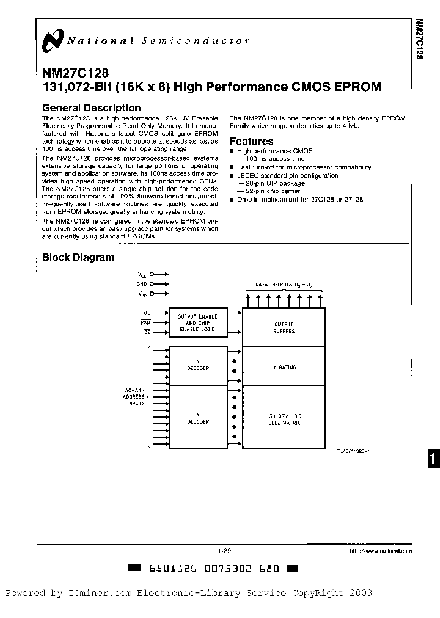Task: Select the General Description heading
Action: [91, 108]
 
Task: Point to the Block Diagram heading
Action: [78, 257]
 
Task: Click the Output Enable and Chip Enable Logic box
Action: [197, 322]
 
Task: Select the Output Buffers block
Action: [284, 327]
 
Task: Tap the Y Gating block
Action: [284, 368]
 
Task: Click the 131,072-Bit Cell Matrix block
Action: [284, 419]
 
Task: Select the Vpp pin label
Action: [142, 294]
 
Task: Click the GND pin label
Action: [142, 284]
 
